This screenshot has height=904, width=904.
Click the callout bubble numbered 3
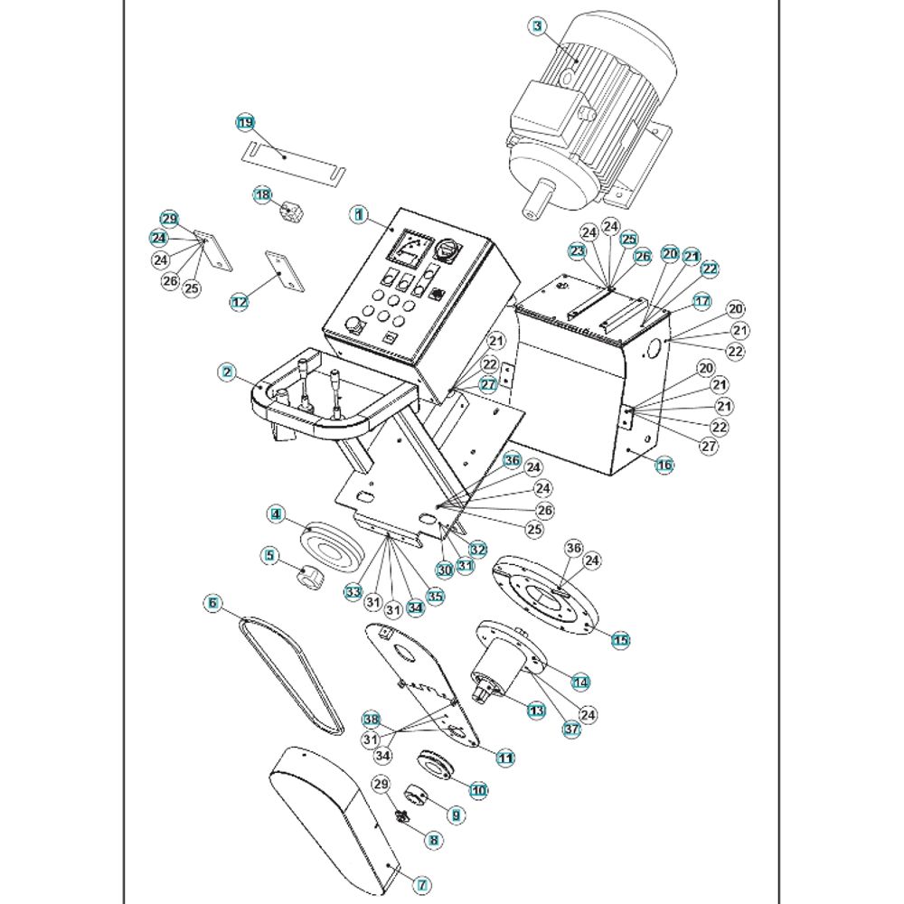click(x=538, y=26)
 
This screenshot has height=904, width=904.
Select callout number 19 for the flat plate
click(x=246, y=122)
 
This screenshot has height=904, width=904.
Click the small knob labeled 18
click(x=292, y=212)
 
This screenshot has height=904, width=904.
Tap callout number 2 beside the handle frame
click(x=227, y=371)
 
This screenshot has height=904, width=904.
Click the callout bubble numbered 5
click(x=268, y=556)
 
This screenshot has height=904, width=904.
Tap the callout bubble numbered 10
click(x=478, y=790)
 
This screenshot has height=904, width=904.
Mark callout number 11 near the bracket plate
click(x=505, y=758)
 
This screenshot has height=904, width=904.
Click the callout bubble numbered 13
click(x=537, y=711)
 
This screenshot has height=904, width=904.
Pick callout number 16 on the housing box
click(x=664, y=466)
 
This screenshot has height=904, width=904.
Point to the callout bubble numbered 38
click(x=371, y=720)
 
